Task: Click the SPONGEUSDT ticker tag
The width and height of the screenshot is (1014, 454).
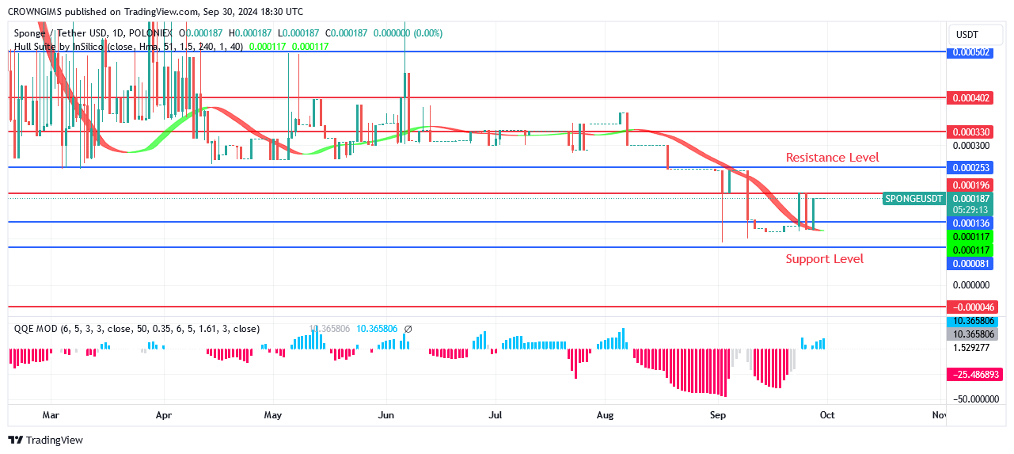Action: [914, 198]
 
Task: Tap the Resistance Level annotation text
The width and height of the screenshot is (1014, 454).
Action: [832, 158]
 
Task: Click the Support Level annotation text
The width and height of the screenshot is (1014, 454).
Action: [824, 259]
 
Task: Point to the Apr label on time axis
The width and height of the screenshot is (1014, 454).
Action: [164, 414]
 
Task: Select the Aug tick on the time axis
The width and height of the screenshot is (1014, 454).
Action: [606, 414]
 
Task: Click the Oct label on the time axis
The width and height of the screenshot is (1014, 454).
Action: [826, 414]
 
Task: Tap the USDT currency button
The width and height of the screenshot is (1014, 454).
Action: [967, 35]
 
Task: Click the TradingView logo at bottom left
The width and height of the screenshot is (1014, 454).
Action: [45, 441]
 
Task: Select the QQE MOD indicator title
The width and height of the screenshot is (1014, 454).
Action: [36, 329]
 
